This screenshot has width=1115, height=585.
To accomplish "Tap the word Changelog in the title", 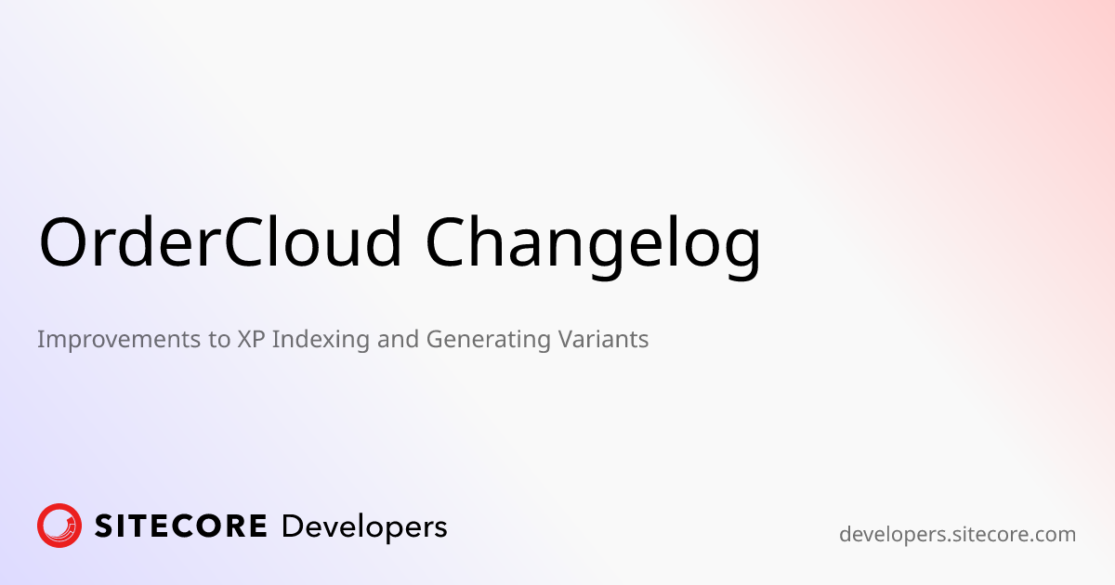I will click(593, 243).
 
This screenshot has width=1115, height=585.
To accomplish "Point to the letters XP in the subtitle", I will click(246, 340).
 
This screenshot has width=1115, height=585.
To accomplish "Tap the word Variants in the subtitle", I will click(603, 340).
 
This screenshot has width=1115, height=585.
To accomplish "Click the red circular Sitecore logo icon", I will click(59, 526).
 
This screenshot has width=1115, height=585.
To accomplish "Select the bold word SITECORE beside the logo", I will click(180, 526).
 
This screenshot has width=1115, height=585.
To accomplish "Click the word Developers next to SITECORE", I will click(364, 527).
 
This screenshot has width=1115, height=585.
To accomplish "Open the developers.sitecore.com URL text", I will click(957, 535).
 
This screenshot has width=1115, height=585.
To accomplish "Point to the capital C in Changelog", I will click(451, 241).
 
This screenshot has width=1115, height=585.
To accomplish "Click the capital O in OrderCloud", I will click(66, 241).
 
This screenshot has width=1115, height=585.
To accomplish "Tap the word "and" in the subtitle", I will click(400, 340).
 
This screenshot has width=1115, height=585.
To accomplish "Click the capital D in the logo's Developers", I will click(291, 526).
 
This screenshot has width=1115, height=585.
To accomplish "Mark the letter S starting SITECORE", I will click(102, 526).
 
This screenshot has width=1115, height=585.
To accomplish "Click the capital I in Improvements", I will click(41, 340).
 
